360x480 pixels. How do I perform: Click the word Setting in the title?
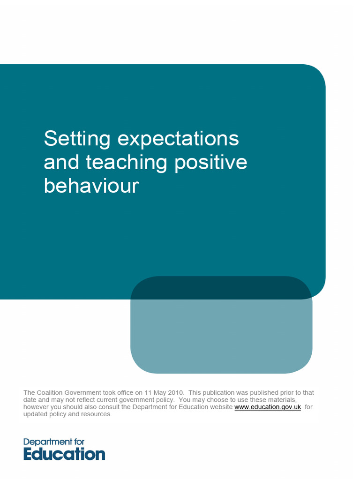pos(77,139)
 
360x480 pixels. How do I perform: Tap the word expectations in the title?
pos(178,139)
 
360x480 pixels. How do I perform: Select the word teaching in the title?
pos(127,162)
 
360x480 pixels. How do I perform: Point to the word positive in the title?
pos(210,162)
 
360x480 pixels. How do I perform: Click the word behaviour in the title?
pos(91,186)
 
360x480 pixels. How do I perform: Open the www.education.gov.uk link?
pos(267,407)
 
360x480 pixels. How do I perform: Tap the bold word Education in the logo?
pos(64,454)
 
